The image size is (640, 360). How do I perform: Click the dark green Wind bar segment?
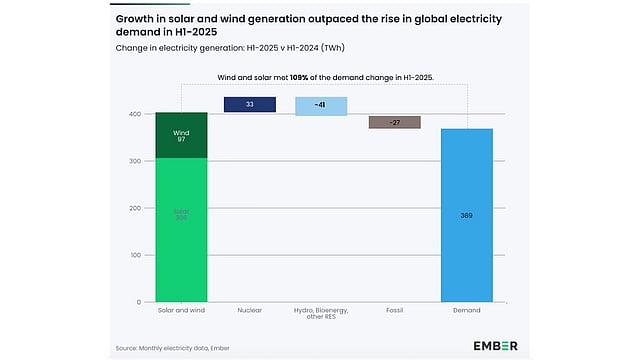[x=181, y=135]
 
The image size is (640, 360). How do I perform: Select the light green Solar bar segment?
[x=181, y=230]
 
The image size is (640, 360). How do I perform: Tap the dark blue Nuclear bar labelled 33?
[x=250, y=104]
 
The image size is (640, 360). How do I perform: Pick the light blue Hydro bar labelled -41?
[x=321, y=106]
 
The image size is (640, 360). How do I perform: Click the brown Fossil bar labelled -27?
[x=394, y=122]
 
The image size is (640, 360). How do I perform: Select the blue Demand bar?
[x=467, y=215]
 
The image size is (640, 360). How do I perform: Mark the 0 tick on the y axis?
[x=135, y=302]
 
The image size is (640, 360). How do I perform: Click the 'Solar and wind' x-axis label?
[x=181, y=311]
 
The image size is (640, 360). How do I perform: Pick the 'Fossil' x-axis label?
[x=395, y=311]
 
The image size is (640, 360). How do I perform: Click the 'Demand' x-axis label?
[x=467, y=311]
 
